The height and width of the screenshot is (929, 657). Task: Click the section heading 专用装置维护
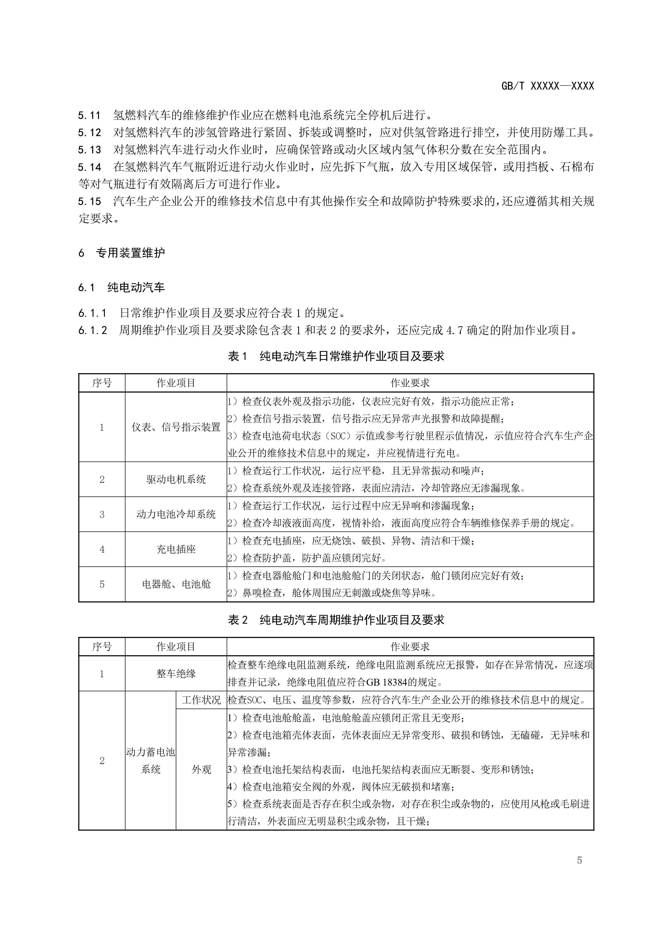[x=130, y=253]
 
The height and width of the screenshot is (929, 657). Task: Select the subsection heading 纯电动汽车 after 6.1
[x=136, y=288]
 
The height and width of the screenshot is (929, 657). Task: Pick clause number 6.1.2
[x=93, y=330]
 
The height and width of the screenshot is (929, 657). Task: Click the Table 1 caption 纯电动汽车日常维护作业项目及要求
[x=352, y=356]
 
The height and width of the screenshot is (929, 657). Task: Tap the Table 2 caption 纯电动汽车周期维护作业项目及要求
[x=352, y=620]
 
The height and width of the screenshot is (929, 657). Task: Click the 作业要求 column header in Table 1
[x=410, y=383]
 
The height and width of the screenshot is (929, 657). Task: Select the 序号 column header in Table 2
[x=102, y=647]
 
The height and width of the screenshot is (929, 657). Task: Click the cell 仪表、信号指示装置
[x=176, y=427]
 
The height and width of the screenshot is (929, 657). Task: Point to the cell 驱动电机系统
[x=176, y=480]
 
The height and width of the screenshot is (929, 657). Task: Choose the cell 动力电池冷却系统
[x=176, y=514]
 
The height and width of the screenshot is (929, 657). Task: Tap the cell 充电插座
[x=176, y=549]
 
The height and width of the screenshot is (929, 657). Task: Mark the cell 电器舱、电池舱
[x=176, y=584]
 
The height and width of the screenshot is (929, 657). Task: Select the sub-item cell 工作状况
[x=201, y=700]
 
